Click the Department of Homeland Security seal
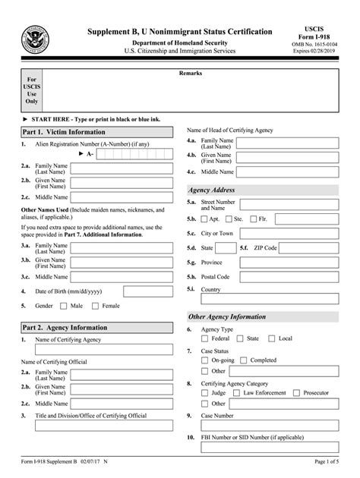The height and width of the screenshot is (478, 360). [35, 38]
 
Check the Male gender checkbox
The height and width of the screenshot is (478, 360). [64, 306]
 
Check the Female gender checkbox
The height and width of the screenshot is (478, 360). [95, 306]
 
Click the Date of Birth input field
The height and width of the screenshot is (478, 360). [147, 291]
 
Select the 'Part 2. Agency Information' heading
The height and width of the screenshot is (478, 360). [64, 327]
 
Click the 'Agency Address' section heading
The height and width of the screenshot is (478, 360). [212, 190]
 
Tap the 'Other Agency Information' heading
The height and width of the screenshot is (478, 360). [227, 316]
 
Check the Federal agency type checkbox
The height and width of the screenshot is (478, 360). [205, 338]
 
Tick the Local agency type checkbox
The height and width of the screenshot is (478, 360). [273, 338]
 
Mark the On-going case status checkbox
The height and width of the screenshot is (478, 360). [205, 360]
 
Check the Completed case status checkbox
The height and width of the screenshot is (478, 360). [244, 360]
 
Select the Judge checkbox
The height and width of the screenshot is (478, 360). [205, 393]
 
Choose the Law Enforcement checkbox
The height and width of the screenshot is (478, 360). [236, 393]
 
